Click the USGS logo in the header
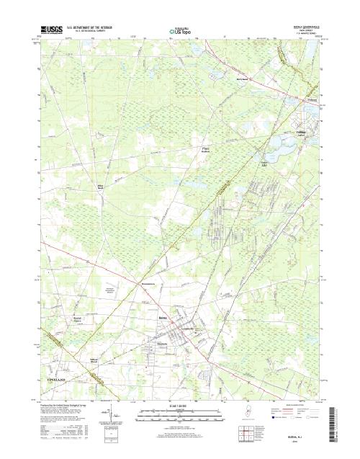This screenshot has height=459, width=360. pos(53,31)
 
